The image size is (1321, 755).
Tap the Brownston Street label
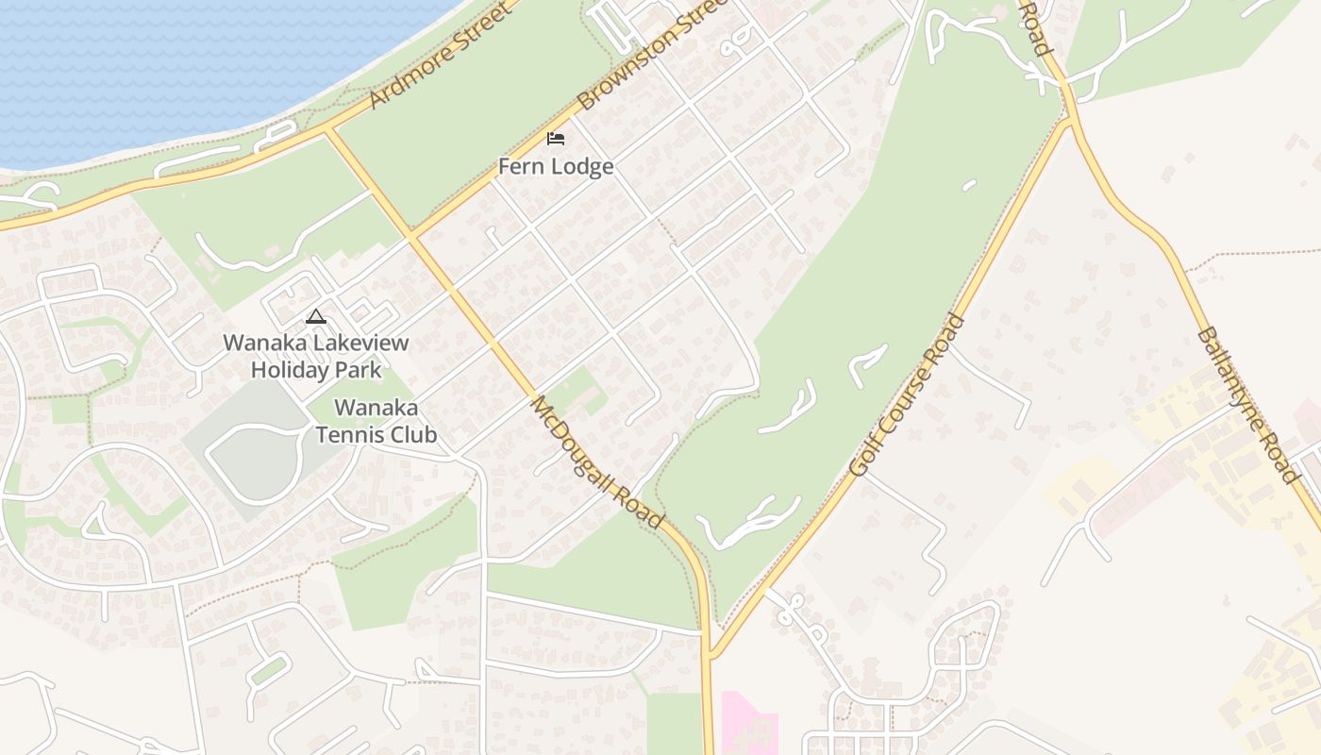652,55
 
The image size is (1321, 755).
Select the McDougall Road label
596,461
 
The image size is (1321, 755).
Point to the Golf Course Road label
907,394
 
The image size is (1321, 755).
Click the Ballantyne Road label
1246,405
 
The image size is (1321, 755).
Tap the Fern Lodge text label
556,167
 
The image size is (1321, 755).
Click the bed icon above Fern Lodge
556,139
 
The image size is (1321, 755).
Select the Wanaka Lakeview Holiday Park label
316,356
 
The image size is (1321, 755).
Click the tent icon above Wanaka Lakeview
316,316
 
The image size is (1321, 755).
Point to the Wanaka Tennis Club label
376,422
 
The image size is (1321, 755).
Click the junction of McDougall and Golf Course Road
710,654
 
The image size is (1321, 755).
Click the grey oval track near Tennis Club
253,461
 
